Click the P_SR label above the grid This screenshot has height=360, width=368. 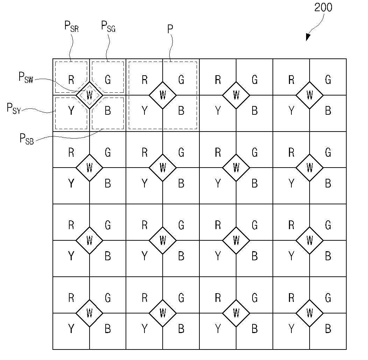click(x=71, y=27)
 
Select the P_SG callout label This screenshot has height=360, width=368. click(x=108, y=26)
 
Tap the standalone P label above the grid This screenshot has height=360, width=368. click(x=170, y=29)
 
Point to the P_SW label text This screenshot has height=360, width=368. click(x=26, y=78)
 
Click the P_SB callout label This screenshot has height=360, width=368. click(x=27, y=139)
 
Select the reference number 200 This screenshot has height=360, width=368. click(x=323, y=7)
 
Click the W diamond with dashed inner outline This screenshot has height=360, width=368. click(x=89, y=95)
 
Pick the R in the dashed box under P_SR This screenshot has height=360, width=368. click(x=71, y=80)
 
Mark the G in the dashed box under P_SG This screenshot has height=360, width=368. click(x=108, y=80)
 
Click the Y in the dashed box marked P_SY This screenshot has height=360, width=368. click(x=71, y=111)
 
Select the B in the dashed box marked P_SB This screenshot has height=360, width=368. click(x=108, y=111)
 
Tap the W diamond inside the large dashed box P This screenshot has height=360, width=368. click(x=163, y=95)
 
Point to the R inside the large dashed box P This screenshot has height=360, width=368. click(x=144, y=80)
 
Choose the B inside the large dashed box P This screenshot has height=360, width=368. click(x=181, y=111)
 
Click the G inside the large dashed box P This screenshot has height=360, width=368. click(x=181, y=80)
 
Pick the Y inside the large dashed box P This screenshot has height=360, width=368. click(x=144, y=111)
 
